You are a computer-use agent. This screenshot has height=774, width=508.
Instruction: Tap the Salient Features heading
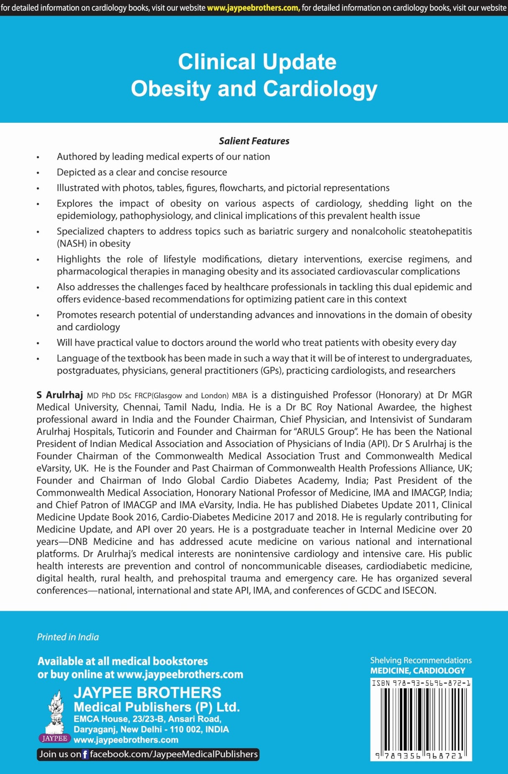coord(254,141)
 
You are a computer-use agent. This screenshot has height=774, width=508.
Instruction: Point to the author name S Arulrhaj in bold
coord(59,395)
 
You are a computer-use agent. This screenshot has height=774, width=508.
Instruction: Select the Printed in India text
coord(68,637)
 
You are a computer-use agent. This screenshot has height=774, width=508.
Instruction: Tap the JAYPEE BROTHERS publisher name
coord(147,692)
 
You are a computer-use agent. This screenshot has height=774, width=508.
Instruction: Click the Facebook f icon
coord(85,754)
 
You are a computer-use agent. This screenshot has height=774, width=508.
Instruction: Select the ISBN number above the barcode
coord(421,683)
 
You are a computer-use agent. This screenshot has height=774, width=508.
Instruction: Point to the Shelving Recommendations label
coord(421,660)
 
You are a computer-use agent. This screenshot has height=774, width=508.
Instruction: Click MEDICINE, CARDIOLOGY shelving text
coord(418,671)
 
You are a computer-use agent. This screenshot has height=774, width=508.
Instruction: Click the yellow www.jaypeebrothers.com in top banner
coord(253,8)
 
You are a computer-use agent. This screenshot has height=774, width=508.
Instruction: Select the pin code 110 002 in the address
coord(183,729)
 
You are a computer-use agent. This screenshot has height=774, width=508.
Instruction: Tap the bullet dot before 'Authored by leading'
coord(38,157)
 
